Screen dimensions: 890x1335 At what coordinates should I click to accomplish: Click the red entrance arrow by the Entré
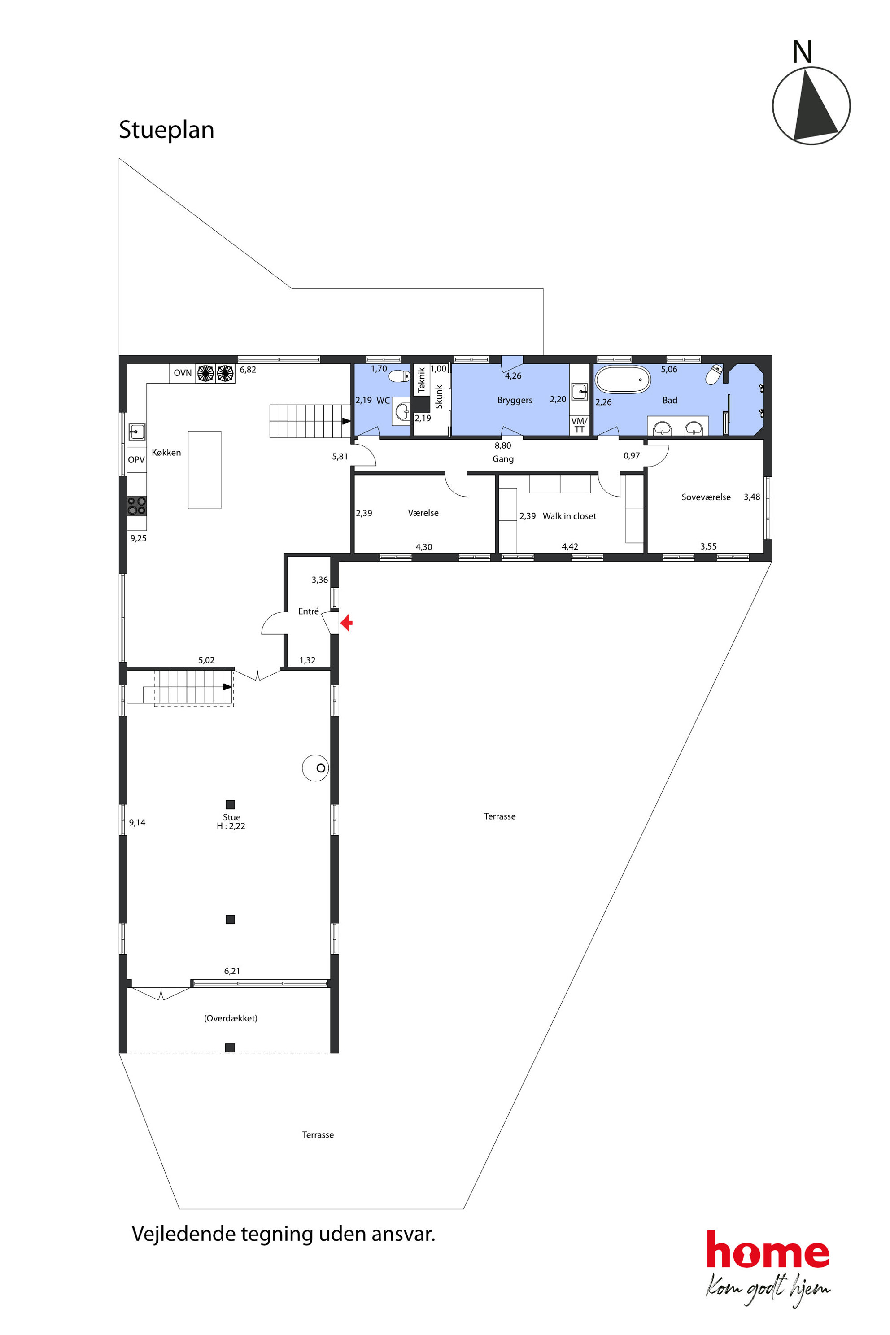346,623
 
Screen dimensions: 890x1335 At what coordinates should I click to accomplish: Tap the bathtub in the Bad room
622,379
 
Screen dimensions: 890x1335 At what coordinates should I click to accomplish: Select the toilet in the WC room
400,376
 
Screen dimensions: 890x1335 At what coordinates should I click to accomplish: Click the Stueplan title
166,130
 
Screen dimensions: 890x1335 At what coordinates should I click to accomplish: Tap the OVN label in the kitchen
183,373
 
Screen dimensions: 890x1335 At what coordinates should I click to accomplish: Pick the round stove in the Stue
316,768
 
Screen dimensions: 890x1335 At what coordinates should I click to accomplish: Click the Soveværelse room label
706,497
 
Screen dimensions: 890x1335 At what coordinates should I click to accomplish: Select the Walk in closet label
569,516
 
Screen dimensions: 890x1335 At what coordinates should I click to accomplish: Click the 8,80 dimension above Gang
503,445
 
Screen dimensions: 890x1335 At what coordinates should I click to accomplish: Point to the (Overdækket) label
231,1018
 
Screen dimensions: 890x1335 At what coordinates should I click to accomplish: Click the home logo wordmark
768,1250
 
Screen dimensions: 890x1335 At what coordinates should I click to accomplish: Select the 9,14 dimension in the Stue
137,822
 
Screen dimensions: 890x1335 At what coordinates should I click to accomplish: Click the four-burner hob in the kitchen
137,506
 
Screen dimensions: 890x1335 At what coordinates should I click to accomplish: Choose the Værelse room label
423,513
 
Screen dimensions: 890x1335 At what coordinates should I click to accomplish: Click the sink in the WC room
402,411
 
